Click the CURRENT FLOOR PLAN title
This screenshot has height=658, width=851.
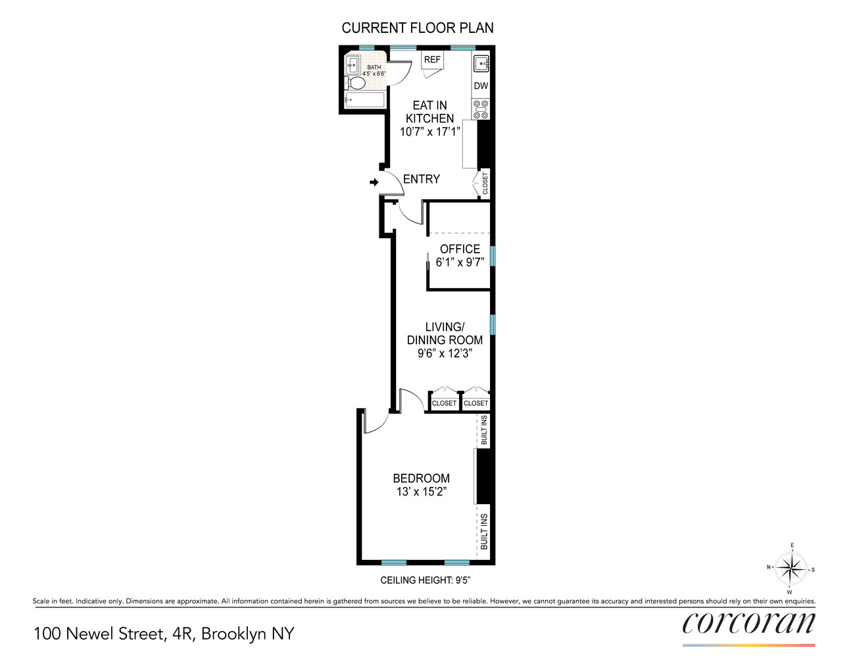[x=417, y=28]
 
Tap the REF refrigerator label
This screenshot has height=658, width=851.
[x=432, y=60]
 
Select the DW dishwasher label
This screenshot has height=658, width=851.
[x=481, y=86]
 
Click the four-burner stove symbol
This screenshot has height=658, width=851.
[x=481, y=109]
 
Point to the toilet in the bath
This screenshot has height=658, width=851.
[x=355, y=84]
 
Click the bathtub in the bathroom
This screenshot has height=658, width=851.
[x=364, y=100]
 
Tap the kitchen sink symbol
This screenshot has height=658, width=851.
[x=481, y=64]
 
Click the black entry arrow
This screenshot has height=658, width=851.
[x=374, y=182]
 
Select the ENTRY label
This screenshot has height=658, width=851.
[x=422, y=179]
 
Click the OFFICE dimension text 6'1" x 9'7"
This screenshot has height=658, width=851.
[x=460, y=263]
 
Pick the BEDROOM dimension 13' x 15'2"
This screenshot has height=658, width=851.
[x=422, y=492]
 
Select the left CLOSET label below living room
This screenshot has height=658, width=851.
[x=444, y=403]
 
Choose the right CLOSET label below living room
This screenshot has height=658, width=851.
[x=475, y=403]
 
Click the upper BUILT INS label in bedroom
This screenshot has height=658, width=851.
[x=484, y=430]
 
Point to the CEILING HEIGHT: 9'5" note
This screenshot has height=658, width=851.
[x=425, y=580]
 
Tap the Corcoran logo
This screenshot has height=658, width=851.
[x=748, y=623]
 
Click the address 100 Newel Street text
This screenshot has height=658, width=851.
[x=99, y=634]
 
